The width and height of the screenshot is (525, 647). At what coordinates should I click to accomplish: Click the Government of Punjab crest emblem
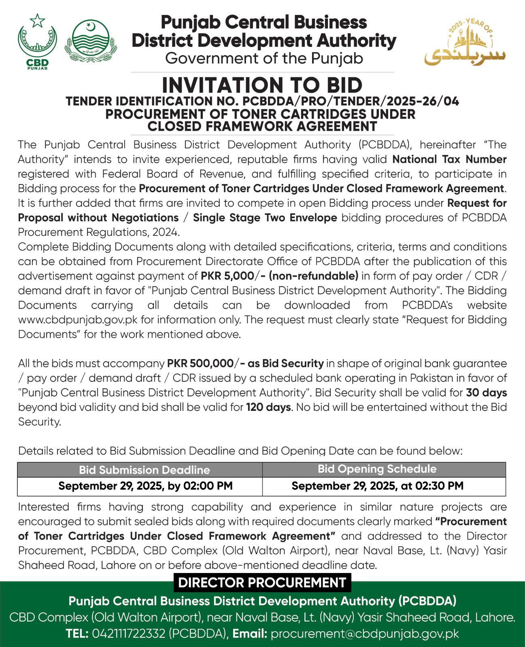(91, 41)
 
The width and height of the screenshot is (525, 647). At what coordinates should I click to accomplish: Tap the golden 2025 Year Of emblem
(465, 42)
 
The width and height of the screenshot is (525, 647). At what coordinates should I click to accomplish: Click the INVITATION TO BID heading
(262, 85)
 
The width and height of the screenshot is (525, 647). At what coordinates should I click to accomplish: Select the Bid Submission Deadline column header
(144, 470)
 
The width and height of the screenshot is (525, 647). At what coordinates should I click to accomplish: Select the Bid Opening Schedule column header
(377, 469)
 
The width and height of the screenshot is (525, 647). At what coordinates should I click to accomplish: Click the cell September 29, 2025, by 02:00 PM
(145, 486)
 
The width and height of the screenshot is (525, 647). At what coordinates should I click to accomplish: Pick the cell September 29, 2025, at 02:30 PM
(377, 486)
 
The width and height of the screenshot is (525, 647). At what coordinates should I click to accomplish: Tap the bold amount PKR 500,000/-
(200, 364)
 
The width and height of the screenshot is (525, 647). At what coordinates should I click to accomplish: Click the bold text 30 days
(486, 393)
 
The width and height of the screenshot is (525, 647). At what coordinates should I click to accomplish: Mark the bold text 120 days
(268, 407)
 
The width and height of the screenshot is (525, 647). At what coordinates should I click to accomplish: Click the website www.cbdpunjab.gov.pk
(78, 320)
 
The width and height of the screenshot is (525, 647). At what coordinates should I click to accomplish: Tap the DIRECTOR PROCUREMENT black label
(262, 583)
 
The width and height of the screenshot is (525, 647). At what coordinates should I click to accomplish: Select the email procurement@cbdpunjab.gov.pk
(365, 634)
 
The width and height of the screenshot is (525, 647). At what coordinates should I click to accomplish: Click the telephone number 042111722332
(129, 634)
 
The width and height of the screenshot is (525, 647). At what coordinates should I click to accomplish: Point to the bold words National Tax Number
(449, 159)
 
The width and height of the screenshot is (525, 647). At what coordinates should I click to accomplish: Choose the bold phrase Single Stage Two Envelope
(265, 218)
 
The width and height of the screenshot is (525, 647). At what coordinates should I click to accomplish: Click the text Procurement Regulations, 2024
(98, 232)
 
